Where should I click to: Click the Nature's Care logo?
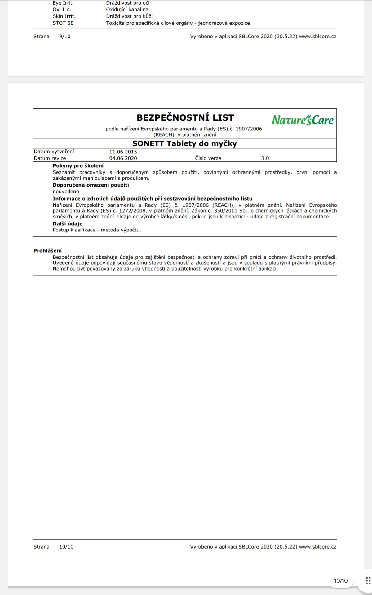[x=303, y=120]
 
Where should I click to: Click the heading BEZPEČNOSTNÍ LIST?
[x=185, y=118]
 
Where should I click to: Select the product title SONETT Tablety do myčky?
[x=184, y=143]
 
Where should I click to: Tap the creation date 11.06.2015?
[x=123, y=152]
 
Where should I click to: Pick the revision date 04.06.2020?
[x=123, y=158]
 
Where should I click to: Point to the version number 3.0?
[x=265, y=158]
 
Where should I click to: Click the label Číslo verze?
[x=208, y=158]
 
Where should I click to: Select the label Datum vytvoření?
[x=54, y=152]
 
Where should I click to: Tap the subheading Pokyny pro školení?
[x=78, y=166]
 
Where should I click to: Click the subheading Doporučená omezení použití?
[x=91, y=185]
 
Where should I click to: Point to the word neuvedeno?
[x=66, y=192]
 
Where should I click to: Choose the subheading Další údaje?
[x=68, y=224]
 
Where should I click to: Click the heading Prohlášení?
[x=47, y=251]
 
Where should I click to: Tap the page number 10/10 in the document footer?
[x=66, y=547]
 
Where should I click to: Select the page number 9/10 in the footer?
[x=65, y=36]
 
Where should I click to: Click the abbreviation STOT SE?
[x=63, y=23]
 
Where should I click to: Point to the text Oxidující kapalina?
[x=127, y=10]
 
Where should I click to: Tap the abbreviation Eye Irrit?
[x=63, y=3]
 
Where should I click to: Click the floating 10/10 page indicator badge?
[x=341, y=581]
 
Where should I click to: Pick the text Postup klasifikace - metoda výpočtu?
[x=97, y=230]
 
